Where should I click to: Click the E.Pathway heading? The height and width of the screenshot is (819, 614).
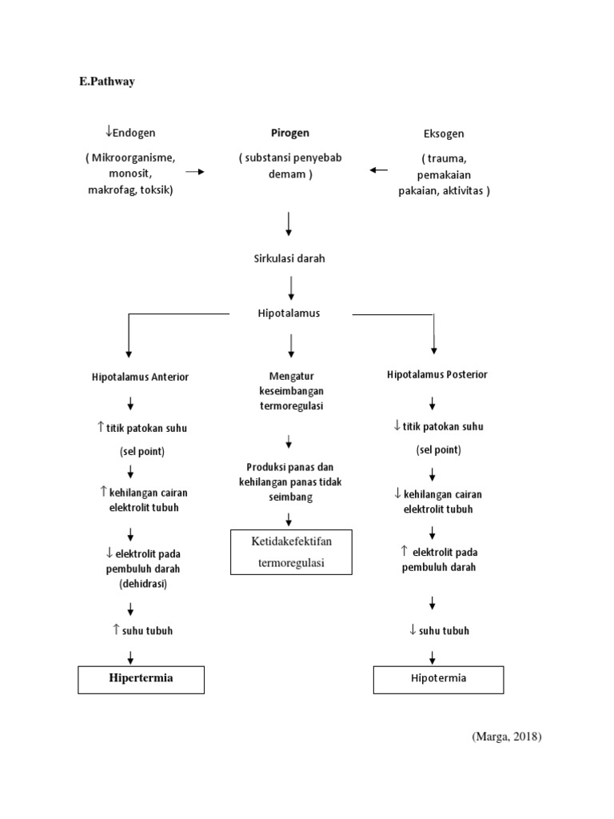pyautogui.click(x=106, y=82)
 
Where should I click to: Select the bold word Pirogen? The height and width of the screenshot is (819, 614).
pyautogui.click(x=289, y=133)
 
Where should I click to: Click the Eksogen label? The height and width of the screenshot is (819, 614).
pyautogui.click(x=443, y=134)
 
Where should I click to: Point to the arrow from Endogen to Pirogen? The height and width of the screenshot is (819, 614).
pyautogui.click(x=195, y=171)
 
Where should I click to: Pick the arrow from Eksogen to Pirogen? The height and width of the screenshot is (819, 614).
pyautogui.click(x=378, y=170)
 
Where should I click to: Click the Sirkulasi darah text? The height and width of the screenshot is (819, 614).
pyautogui.click(x=289, y=258)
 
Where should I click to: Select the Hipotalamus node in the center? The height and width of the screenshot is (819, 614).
pyautogui.click(x=289, y=314)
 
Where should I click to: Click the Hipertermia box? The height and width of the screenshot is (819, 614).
pyautogui.click(x=141, y=679)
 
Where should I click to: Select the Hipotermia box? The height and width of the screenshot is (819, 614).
pyautogui.click(x=438, y=679)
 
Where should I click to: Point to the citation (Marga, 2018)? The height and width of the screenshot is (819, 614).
pyautogui.click(x=506, y=737)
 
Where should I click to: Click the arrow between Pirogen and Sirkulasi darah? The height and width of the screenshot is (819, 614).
pyautogui.click(x=289, y=223)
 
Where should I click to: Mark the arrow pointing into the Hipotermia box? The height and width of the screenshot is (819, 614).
pyautogui.click(x=433, y=657)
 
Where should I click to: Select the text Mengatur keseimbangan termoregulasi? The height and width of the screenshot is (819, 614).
pyautogui.click(x=289, y=390)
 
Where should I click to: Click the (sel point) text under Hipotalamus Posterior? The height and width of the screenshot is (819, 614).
pyautogui.click(x=438, y=449)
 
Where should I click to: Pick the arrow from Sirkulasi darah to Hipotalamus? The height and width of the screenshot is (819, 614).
pyautogui.click(x=291, y=286)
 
